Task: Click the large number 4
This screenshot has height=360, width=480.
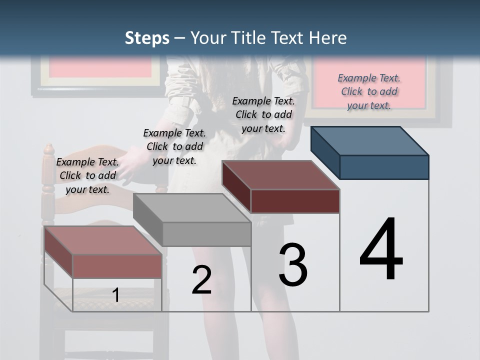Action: tap(381, 249)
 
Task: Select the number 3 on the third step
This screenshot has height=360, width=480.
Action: tap(293, 265)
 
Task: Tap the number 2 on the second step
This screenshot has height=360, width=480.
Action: tap(201, 280)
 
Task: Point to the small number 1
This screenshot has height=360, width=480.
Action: tap(116, 295)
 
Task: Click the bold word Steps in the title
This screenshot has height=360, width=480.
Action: tap(147, 38)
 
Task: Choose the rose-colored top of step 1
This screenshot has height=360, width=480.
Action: tap(102, 240)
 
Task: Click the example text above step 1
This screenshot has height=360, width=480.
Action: tap(87, 175)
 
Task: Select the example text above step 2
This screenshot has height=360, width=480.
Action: tap(174, 146)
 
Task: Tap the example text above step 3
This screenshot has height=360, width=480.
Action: tap(263, 114)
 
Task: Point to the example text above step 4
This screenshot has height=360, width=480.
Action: tap(369, 91)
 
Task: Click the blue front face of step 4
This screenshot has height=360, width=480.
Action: tap(384, 167)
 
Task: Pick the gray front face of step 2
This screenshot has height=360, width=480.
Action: tap(206, 234)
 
